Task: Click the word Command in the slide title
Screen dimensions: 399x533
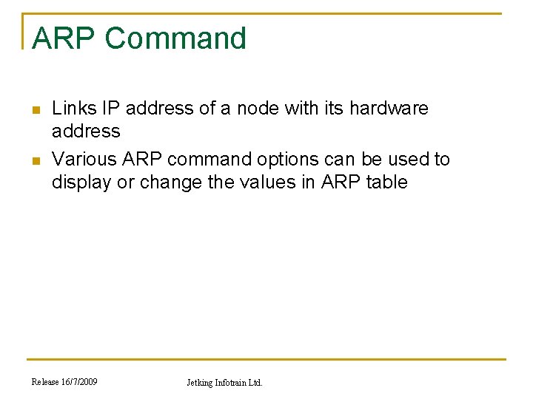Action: click(x=175, y=38)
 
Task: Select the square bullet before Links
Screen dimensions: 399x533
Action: click(x=34, y=110)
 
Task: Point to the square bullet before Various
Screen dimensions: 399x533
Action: click(x=34, y=161)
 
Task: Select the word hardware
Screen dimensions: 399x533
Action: click(x=389, y=109)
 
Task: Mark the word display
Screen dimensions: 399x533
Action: click(x=81, y=183)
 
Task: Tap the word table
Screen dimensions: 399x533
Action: click(x=386, y=183)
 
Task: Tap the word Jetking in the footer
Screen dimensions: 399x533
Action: click(x=201, y=383)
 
